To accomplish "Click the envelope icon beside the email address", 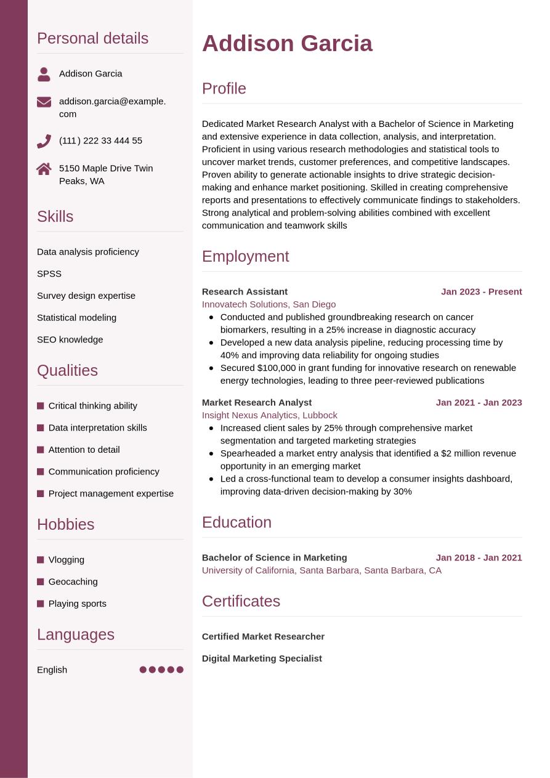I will coord(44,102).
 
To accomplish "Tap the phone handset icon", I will coord(44,141).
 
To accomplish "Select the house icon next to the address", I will coord(44,169).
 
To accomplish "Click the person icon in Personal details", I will coord(44,74).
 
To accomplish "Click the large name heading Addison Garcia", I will coord(287,44).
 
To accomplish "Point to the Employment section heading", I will coord(245,256).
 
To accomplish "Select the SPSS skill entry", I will coord(49,274).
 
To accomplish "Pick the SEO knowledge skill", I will coord(70,339).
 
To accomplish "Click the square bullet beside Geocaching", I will coord(41,581).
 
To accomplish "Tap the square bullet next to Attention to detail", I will coord(41,450).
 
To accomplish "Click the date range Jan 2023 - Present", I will coord(481,291).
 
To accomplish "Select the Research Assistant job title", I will coord(245,291).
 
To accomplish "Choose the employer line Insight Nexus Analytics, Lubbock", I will coord(269,415).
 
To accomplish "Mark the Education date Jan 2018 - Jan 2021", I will coord(479,557).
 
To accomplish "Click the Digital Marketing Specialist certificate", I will coord(262,658).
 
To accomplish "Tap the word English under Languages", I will coord(52,670).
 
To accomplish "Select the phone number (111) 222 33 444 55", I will coord(100,140).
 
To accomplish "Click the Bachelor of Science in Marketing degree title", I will coord(274,557).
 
